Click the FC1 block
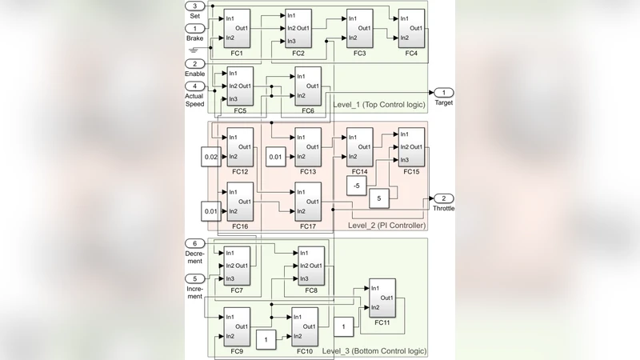[238, 28]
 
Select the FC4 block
[411, 28]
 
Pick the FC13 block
[308, 146]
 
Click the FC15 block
[411, 146]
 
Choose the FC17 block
[308, 202]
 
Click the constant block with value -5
[356, 186]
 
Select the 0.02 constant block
[211, 157]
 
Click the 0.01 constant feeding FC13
[276, 157]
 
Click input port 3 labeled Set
[195, 6]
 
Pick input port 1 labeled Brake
[195, 28]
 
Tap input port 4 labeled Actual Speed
[195, 86]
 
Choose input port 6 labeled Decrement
[195, 243]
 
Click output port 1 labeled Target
[444, 93]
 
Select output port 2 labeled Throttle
[444, 198]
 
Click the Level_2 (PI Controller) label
[386, 226]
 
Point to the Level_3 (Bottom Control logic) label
[374, 351]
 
